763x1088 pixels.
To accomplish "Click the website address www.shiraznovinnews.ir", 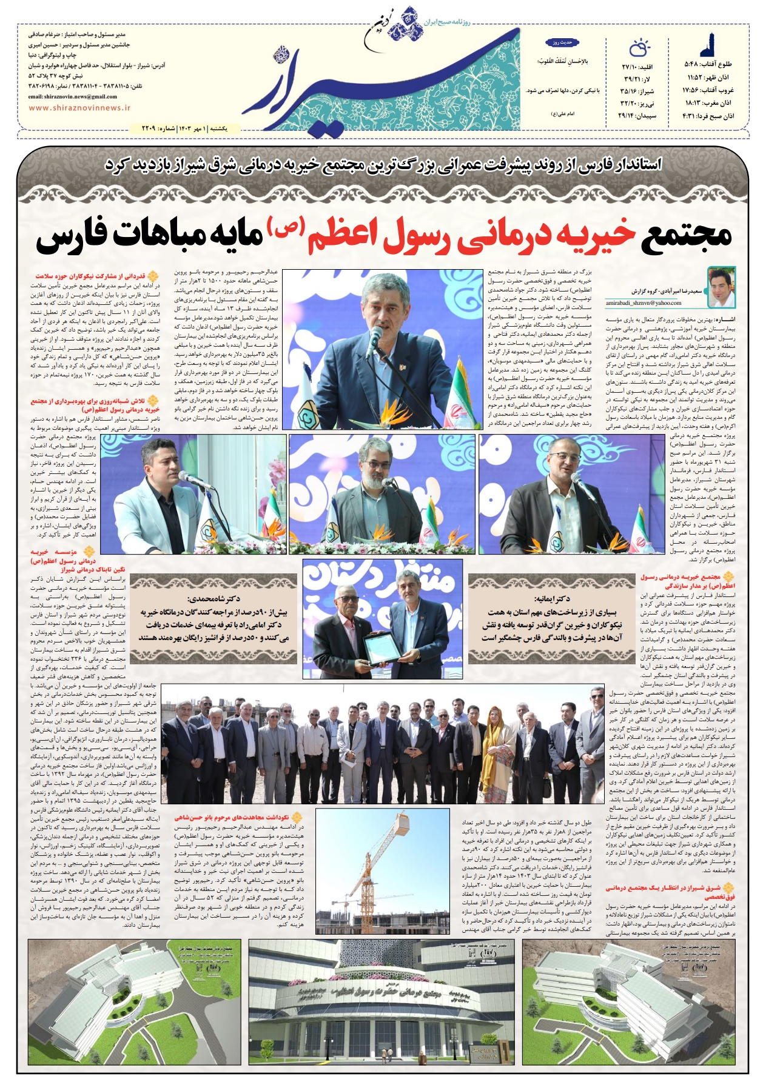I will coord(79,108).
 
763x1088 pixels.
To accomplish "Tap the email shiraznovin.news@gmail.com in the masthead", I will coord(73,96).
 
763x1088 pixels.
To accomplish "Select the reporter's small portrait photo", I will coord(721,287).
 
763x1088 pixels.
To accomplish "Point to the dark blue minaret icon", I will coord(706,45).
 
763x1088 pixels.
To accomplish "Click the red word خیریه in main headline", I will coord(597,236).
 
